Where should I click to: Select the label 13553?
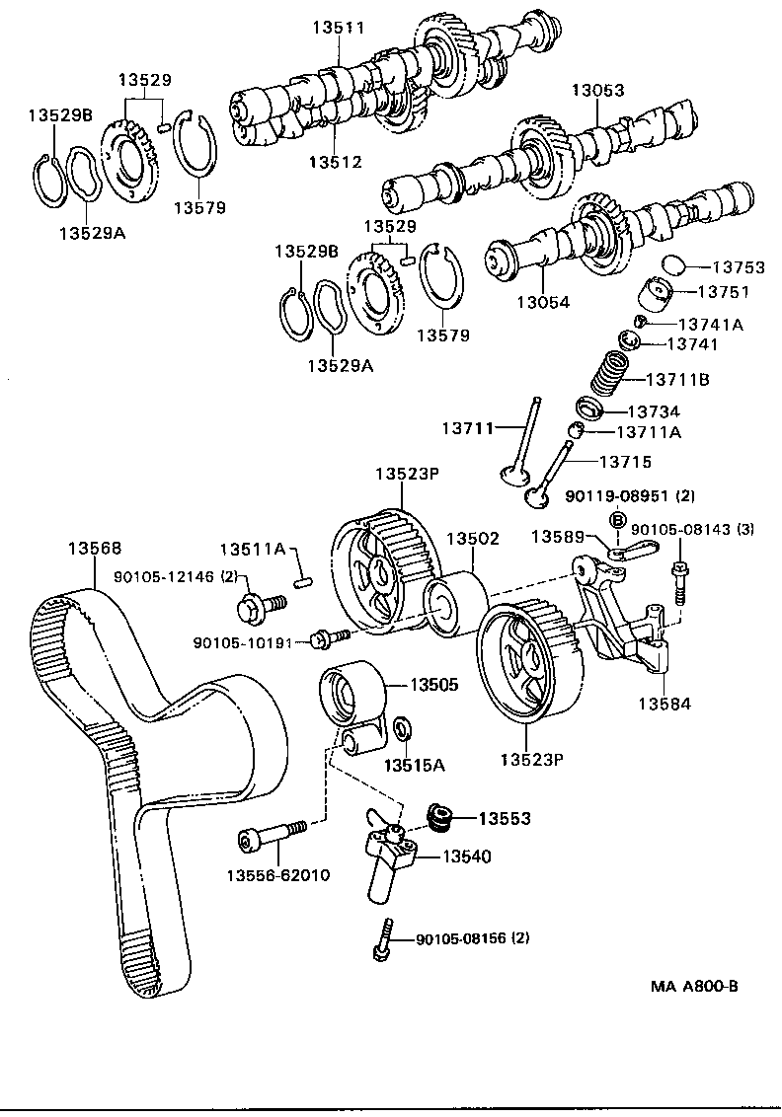[x=505, y=818]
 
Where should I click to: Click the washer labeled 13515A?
[x=403, y=730]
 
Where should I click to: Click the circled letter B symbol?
[x=617, y=520]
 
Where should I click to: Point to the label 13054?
[x=544, y=303]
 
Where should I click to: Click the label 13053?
[x=597, y=90]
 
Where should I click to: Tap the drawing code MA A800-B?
[x=694, y=986]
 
